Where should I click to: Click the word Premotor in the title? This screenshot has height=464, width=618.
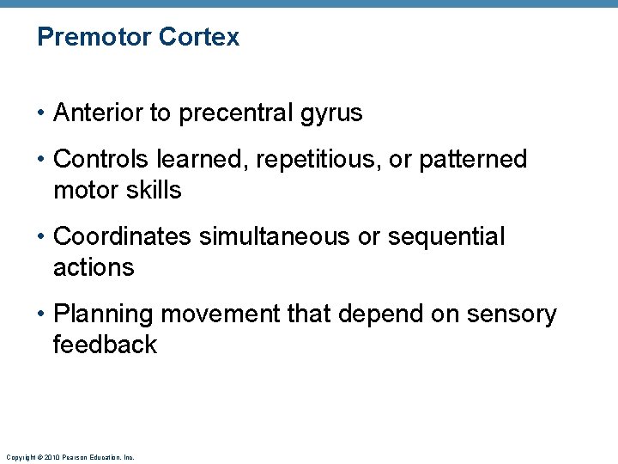coord(95,38)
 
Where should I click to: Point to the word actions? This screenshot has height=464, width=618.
coord(94,267)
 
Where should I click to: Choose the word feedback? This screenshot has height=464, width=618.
coord(105,345)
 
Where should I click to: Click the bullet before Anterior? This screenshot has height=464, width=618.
coord(42,113)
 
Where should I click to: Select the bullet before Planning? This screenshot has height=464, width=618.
coord(42,315)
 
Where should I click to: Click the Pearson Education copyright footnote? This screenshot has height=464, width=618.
coord(70,457)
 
